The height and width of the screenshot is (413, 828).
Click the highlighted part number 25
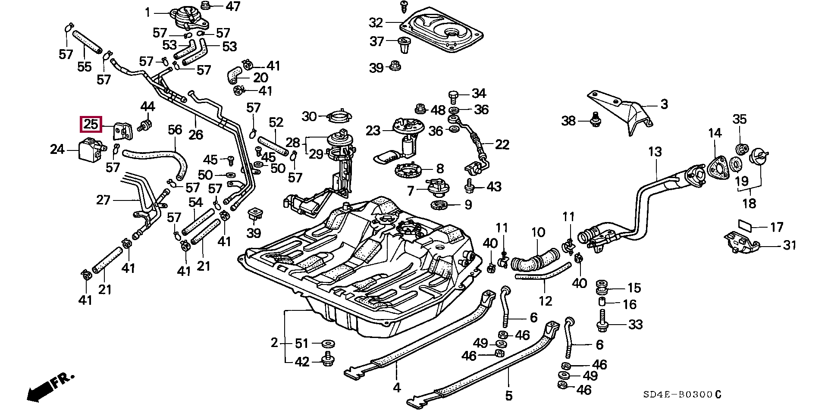(x=91, y=125)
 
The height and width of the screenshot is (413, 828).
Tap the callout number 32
(x=376, y=22)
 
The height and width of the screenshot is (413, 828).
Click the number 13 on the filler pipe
(x=655, y=152)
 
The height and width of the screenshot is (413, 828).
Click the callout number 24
(x=57, y=149)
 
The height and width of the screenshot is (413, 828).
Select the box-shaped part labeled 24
(x=90, y=149)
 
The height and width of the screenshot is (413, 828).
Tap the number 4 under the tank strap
(x=397, y=388)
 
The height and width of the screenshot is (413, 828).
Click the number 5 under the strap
(x=509, y=395)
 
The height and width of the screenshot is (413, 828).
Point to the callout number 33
(x=635, y=324)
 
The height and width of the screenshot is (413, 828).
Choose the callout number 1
(x=147, y=13)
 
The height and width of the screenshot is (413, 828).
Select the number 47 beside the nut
(x=233, y=6)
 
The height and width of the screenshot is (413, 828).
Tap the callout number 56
(x=175, y=130)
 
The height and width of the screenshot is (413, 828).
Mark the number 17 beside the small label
(x=777, y=227)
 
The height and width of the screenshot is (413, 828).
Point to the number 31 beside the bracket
(x=790, y=245)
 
